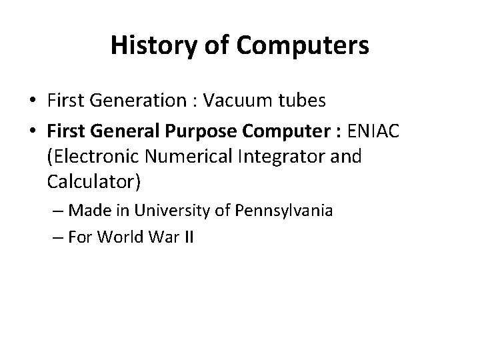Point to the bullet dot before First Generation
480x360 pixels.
click(32, 101)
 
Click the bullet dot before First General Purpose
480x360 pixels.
click(32, 133)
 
